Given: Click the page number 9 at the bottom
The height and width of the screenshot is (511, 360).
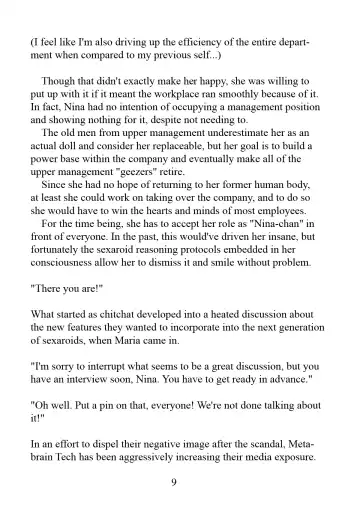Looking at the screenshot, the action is point(176,479).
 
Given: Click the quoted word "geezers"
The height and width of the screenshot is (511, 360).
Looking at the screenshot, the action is point(154,193).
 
